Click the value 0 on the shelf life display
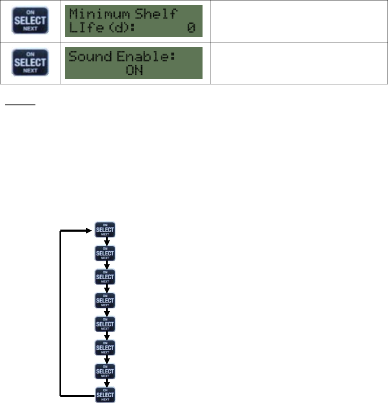click(191, 29)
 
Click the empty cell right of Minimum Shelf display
click(299, 21)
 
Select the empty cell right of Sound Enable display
click(299, 63)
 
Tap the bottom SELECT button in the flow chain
click(105, 395)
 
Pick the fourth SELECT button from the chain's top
click(105, 301)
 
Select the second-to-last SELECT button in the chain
click(105, 372)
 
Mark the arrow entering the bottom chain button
click(105, 383)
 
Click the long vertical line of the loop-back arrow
click(60, 313)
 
